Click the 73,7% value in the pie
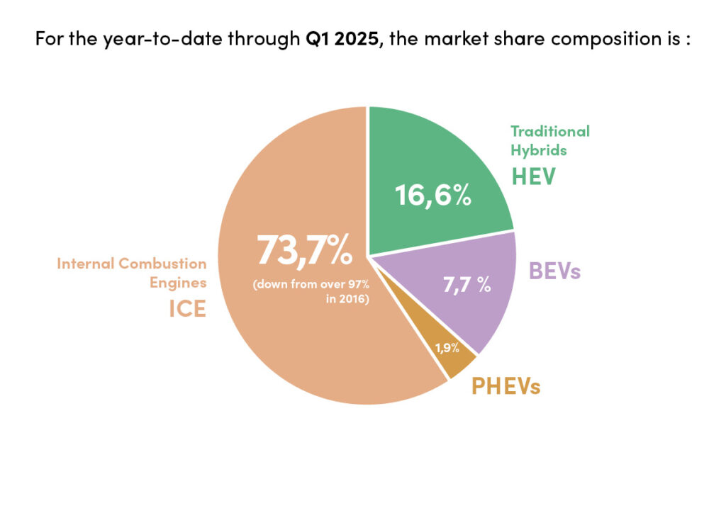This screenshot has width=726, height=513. point(304,250)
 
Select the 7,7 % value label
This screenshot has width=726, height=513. point(467,285)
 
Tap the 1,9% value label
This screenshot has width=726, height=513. point(447,348)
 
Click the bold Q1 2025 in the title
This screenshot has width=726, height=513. point(344,38)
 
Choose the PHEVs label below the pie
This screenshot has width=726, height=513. point(506,387)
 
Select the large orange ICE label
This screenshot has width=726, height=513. point(186,309)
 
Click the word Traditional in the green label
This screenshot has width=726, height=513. point(550,131)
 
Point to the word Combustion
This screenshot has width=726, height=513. point(162,264)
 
